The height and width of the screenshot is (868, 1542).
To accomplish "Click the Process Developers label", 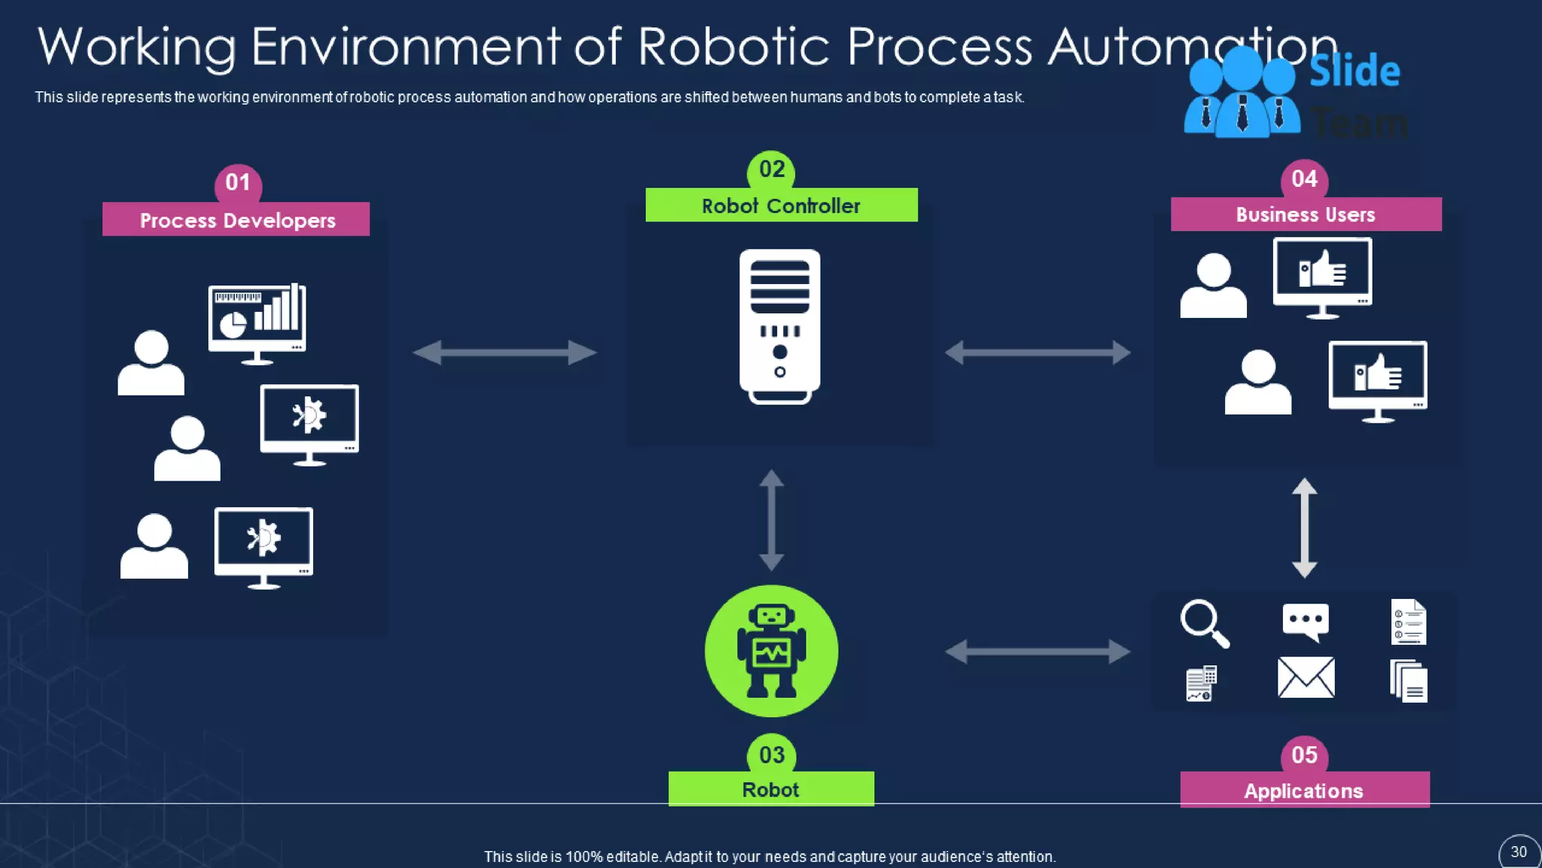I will pos(236,219).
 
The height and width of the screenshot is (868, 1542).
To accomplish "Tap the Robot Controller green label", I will pos(781,206).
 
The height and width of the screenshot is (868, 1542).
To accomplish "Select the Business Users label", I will pos(1306,215).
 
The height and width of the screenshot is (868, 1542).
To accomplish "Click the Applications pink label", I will pos(1304,790).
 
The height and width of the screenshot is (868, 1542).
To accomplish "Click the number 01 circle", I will pos(238,182).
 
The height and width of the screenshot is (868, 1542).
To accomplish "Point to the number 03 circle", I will pos(772,754).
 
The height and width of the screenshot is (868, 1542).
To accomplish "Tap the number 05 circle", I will pos(1304,755).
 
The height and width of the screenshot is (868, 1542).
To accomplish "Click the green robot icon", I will pos(771,651).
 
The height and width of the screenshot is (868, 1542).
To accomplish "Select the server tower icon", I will pos(780,326).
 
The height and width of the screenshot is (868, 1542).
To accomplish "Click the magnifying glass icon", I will pos(1204,623).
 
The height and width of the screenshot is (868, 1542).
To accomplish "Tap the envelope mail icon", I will pos(1306,677).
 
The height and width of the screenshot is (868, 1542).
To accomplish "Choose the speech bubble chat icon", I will pos(1306,622).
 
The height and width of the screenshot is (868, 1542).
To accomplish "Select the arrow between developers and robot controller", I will pos(504,352).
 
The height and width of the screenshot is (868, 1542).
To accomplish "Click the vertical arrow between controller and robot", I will pos(771,520).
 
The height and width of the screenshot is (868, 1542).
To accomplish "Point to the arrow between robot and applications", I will pos(1038,651).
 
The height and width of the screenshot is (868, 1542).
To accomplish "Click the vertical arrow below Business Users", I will pos(1304,528).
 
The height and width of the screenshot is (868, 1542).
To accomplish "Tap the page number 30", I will pos(1519,851).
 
